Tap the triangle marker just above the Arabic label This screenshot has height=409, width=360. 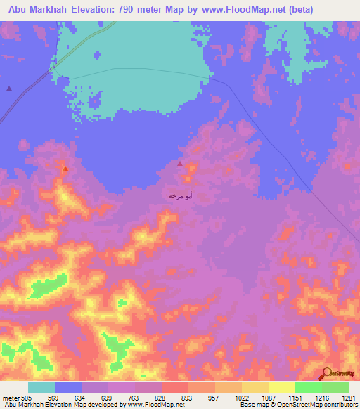coord(180,164)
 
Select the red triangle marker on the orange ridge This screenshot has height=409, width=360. coord(65,169)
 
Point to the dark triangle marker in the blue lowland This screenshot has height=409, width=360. coord(9,88)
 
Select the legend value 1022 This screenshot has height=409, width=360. coord(242,397)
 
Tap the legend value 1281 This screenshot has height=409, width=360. coord(349,397)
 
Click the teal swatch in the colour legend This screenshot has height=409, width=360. coord(41,387)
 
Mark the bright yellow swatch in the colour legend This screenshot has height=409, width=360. coord(281,387)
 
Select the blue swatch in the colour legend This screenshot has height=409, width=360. coord(68,387)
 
